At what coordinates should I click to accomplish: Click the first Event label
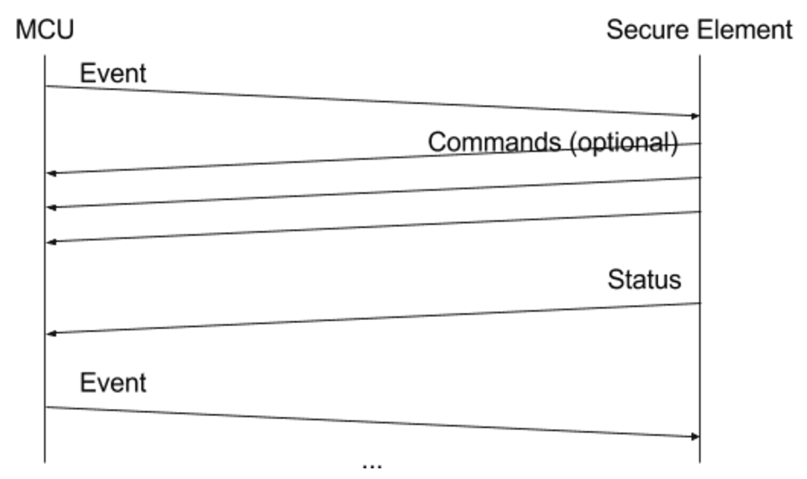coord(112,74)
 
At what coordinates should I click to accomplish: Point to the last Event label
coord(112,382)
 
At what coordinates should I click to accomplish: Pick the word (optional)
coord(625,142)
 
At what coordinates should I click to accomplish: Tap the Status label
coord(644,279)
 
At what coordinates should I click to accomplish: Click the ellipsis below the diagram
coord(372,464)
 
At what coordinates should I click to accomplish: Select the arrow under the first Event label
coord(372,100)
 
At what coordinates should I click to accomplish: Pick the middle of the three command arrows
coord(372,192)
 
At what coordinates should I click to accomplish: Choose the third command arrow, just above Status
coord(372,227)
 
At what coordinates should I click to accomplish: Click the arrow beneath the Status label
coord(372,318)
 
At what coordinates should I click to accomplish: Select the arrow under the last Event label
coord(372,422)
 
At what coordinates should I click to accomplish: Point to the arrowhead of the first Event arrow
coord(695,116)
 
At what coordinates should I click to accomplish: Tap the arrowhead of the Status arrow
coord(51,333)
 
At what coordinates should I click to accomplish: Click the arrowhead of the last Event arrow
coord(695,436)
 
